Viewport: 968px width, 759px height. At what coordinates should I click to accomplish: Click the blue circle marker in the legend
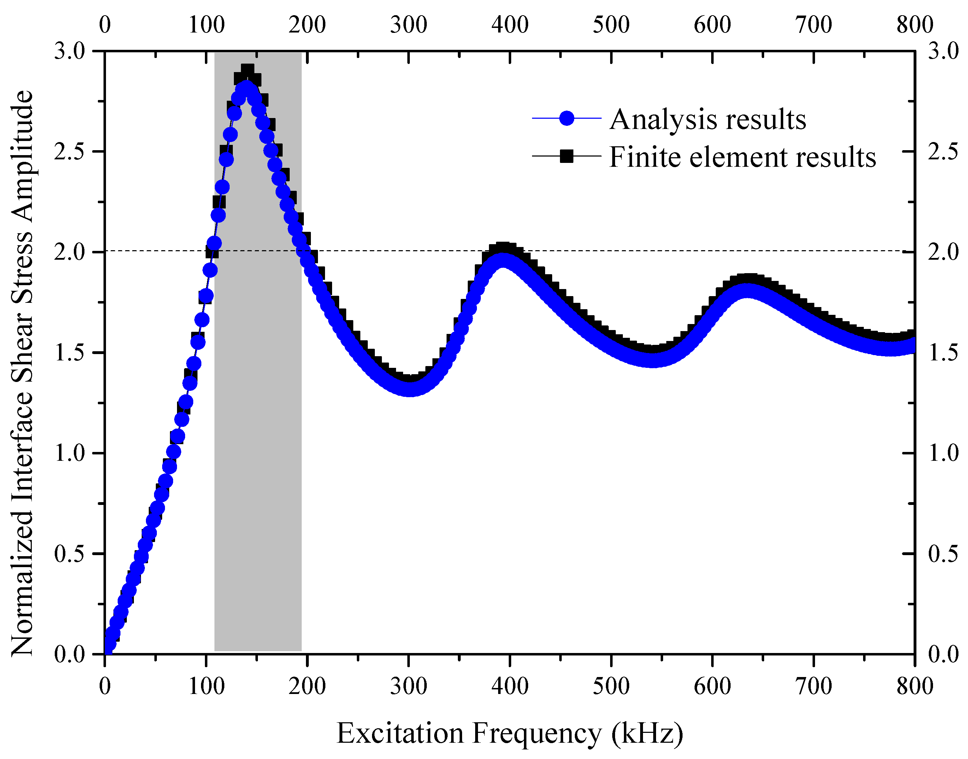coord(566,118)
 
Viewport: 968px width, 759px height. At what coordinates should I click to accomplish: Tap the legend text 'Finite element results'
coord(742,157)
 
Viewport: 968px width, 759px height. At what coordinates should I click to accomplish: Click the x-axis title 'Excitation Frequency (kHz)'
coord(509,733)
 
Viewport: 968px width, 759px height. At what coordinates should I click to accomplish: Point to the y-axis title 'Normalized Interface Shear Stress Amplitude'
coord(22,373)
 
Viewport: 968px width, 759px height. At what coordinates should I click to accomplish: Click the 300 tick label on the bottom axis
coord(408,687)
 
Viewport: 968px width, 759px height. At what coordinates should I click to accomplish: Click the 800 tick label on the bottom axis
coord(915,687)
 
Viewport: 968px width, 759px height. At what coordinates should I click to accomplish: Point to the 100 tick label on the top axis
coord(206,24)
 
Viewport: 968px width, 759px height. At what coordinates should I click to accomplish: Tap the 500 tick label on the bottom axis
coord(611,687)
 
